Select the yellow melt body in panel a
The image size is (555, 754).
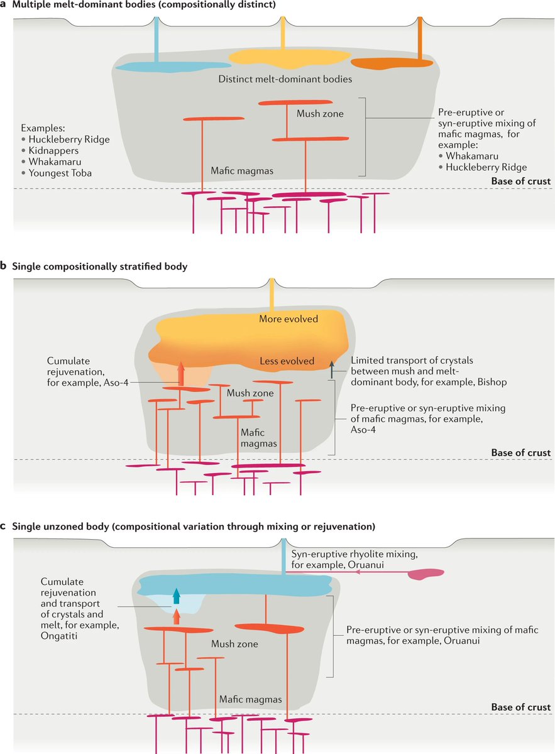[x=288, y=57]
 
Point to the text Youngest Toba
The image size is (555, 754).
[x=60, y=173]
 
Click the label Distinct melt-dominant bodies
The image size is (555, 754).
[x=285, y=79]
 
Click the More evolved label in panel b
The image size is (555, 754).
[x=288, y=319]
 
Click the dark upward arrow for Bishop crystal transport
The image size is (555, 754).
[x=332, y=369]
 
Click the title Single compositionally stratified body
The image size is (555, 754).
[x=99, y=266]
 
